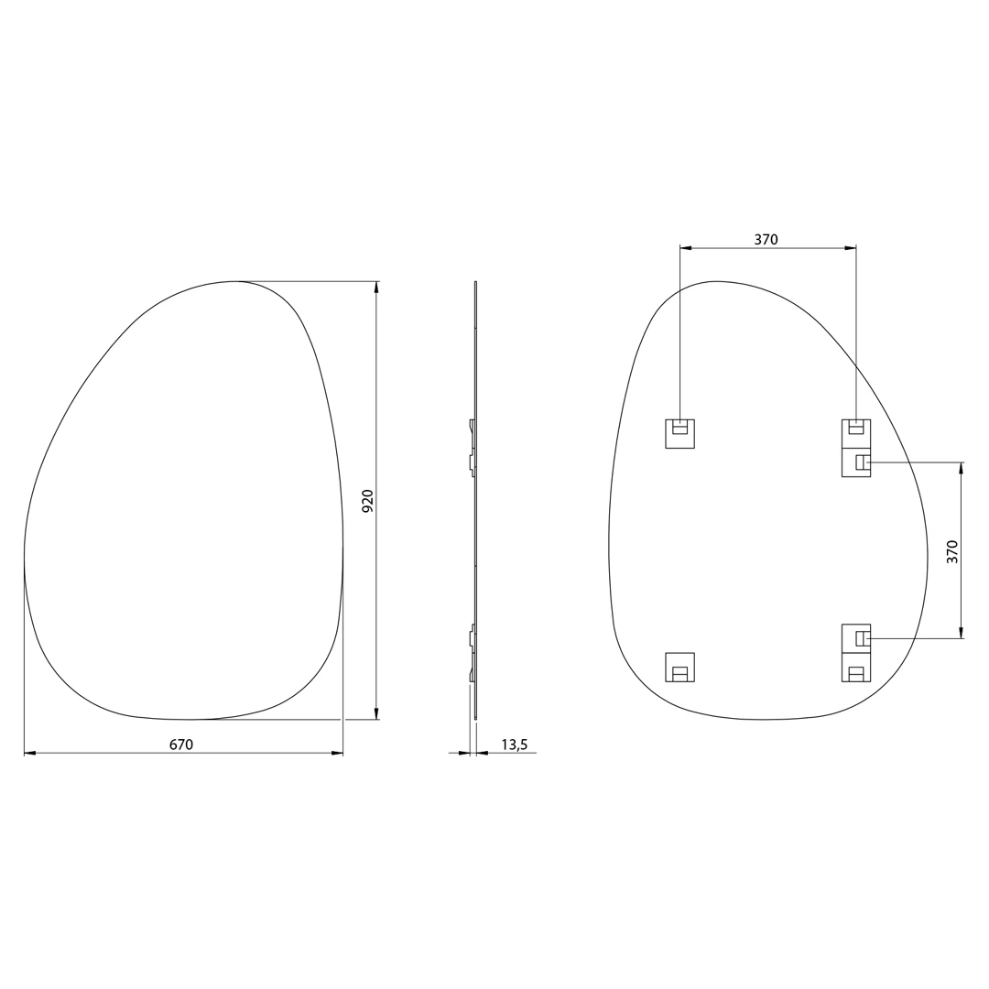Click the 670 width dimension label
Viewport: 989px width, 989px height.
(x=181, y=744)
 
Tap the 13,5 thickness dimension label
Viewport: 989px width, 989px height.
(x=514, y=744)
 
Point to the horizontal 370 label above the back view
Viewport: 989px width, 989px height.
(x=766, y=240)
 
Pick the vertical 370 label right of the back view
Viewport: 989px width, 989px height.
(x=951, y=552)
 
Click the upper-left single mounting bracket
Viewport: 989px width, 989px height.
(x=679, y=433)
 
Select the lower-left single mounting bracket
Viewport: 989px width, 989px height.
(x=679, y=668)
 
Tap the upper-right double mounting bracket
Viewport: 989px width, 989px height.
(x=856, y=448)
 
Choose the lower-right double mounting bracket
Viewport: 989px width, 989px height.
(x=856, y=653)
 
